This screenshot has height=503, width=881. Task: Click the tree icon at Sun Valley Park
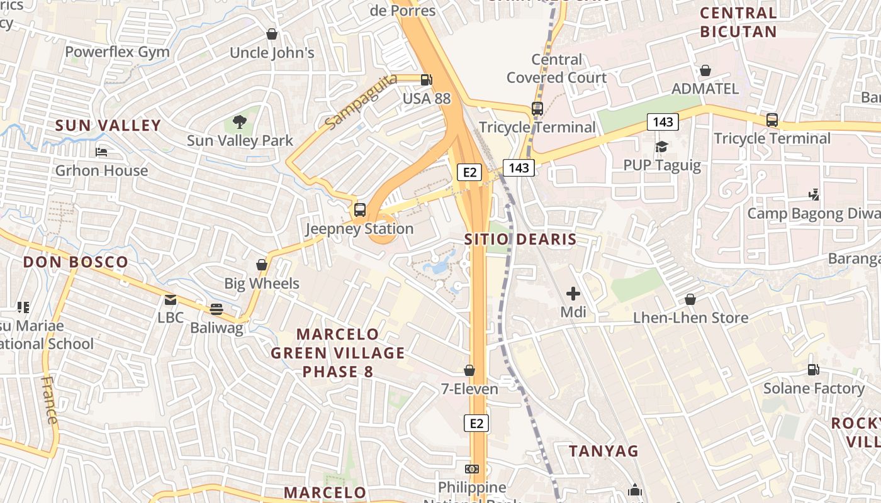239,121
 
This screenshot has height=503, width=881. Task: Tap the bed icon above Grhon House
101,152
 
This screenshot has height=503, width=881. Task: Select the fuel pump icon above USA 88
427,80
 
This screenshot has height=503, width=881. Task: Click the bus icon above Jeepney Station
360,210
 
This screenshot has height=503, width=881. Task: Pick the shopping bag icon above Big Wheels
262,265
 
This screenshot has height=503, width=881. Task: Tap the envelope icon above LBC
171,300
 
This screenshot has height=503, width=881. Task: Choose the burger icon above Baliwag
216,309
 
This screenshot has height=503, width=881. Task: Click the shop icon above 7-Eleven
469,370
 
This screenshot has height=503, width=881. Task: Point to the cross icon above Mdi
573,293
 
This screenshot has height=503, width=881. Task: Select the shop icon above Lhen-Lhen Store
690,299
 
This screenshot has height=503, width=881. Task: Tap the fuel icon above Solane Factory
814,370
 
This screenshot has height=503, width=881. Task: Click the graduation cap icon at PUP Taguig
661,147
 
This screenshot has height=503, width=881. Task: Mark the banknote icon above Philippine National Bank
471,469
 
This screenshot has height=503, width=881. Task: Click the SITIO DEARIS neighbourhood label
520,239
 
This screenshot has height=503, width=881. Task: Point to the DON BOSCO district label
76,262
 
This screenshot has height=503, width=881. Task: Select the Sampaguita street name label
362,101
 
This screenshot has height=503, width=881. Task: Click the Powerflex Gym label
117,52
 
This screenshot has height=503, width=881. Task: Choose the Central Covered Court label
556,69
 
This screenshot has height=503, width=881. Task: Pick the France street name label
50,400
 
